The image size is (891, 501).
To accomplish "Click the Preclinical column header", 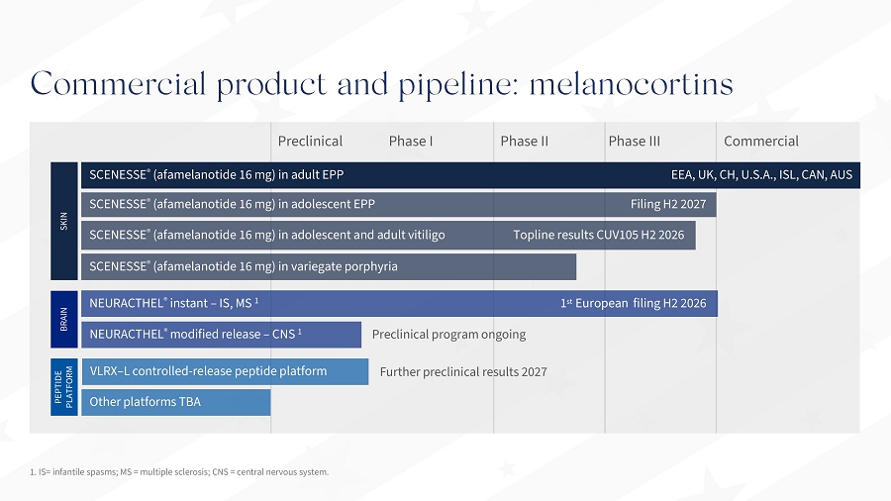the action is click(310, 141).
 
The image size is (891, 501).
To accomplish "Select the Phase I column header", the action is click(411, 141).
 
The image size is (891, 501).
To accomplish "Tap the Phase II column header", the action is click(525, 141).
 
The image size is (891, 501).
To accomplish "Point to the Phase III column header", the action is click(635, 141).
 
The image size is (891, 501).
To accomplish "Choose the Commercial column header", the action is click(761, 141).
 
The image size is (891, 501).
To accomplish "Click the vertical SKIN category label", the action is click(63, 221).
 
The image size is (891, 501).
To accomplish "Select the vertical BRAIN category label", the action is click(63, 319).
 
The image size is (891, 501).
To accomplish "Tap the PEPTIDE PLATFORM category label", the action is click(63, 387).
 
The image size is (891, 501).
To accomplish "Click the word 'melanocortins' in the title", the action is click(632, 84).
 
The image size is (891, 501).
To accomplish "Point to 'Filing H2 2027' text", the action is click(668, 205).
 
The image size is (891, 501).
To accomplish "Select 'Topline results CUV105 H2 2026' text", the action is click(599, 236).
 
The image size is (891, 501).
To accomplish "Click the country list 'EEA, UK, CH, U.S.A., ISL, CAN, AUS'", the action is click(761, 175).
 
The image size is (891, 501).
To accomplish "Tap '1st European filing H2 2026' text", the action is click(634, 303).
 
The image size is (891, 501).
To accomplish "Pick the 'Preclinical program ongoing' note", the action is click(448, 335).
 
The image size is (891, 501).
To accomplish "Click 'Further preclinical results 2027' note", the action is click(463, 372).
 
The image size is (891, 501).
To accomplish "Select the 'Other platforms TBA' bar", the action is click(176, 402).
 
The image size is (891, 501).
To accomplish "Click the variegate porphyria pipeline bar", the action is click(329, 267).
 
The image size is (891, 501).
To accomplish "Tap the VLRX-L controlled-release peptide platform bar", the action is click(225, 371).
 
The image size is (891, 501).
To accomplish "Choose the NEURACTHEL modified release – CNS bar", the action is click(221, 335).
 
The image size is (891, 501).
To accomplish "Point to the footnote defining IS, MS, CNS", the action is click(179, 472).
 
